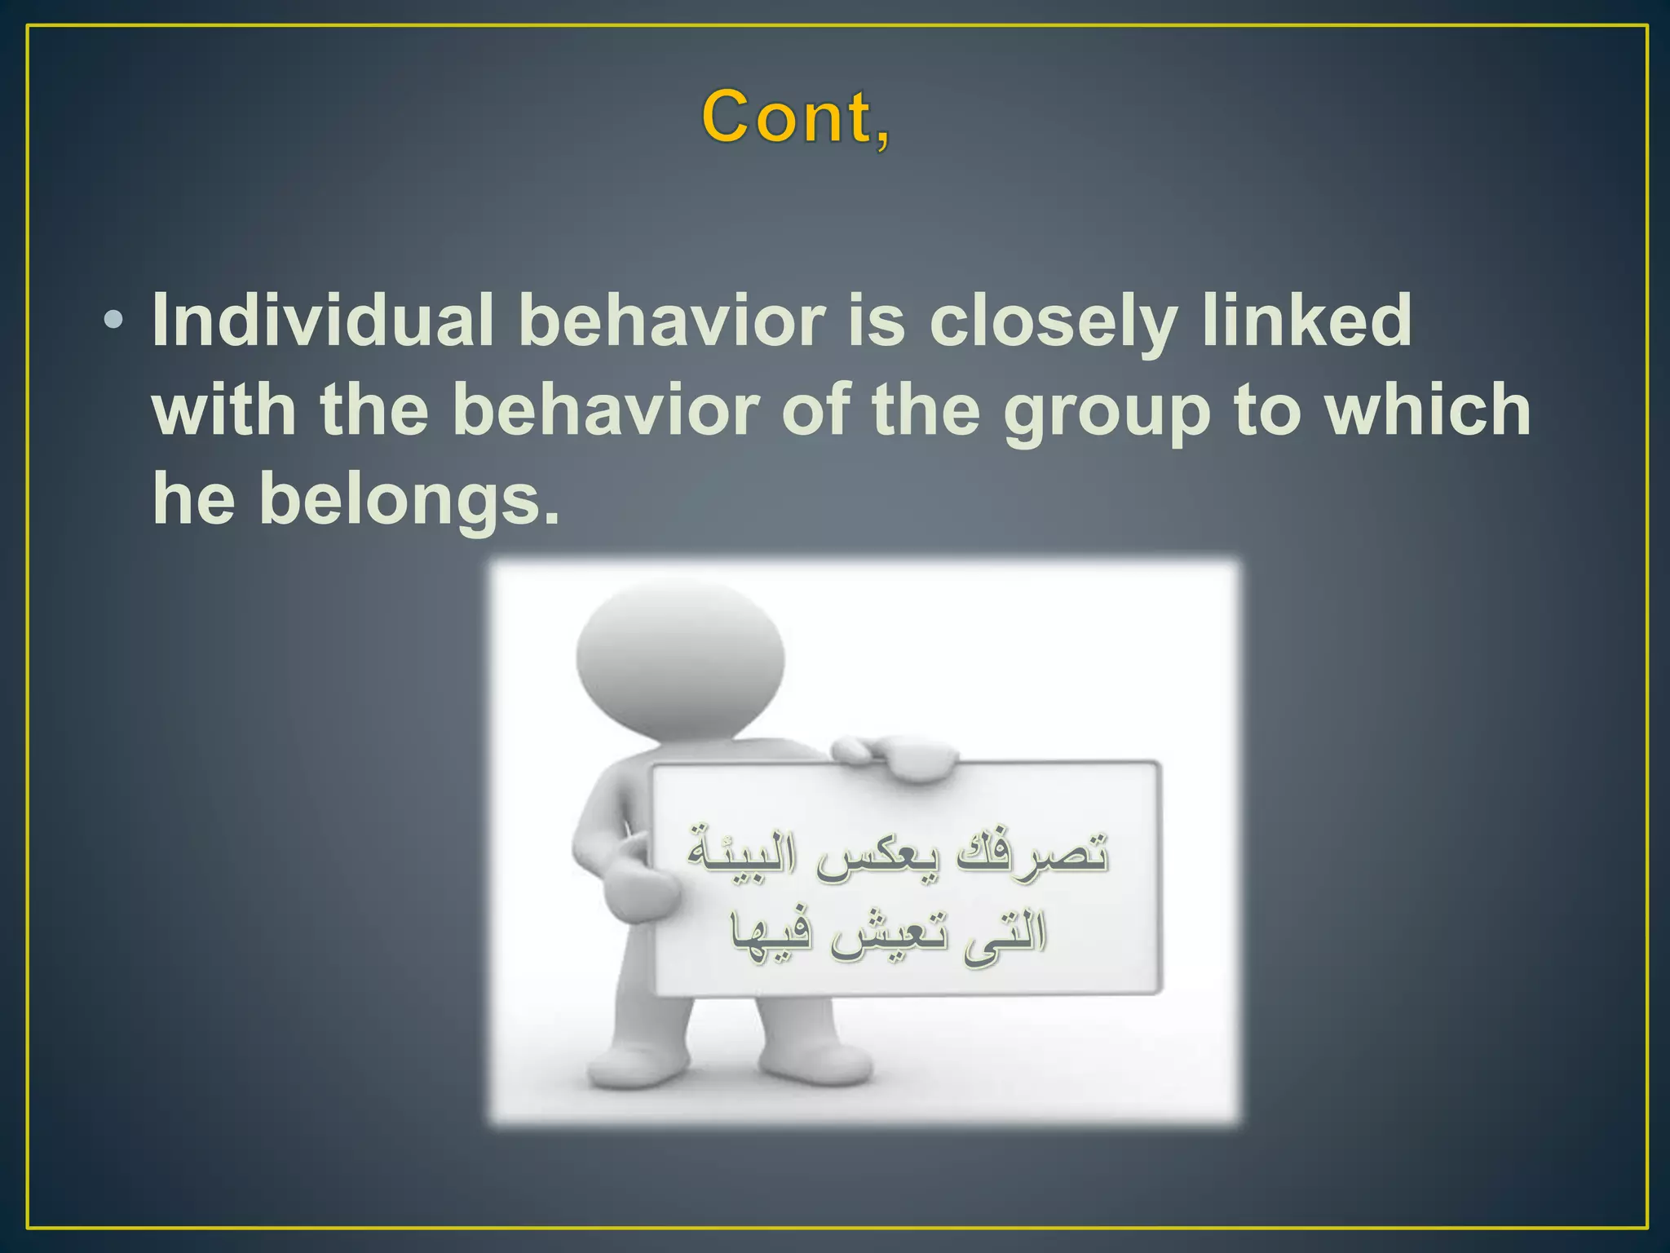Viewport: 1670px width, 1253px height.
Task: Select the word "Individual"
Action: pyautogui.click(x=323, y=320)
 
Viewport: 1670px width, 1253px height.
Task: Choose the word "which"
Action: pyautogui.click(x=1427, y=410)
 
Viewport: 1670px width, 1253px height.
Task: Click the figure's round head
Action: pyautogui.click(x=680, y=657)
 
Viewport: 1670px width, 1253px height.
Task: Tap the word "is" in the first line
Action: pyautogui.click(x=877, y=320)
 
